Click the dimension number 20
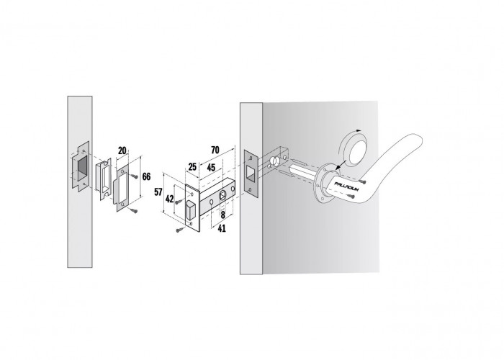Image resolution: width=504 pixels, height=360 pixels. [x=122, y=150]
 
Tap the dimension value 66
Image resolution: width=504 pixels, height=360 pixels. [x=146, y=176]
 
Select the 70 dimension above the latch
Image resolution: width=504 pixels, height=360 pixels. [x=215, y=150]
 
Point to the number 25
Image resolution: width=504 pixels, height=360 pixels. [x=192, y=167]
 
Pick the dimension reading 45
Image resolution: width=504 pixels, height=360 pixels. [x=211, y=168]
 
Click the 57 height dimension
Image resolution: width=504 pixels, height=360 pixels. [x=158, y=192]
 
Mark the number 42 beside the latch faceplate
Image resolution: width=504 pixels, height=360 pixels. [x=169, y=199]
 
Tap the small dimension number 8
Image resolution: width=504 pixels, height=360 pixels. [x=222, y=215]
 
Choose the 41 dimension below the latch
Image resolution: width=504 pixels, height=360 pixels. [x=222, y=228]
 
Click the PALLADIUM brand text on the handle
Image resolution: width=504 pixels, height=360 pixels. [x=346, y=186]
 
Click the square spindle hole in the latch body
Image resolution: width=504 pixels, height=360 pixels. [x=222, y=196]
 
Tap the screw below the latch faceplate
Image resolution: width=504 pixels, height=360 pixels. [x=180, y=230]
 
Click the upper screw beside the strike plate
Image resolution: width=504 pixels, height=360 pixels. [x=134, y=176]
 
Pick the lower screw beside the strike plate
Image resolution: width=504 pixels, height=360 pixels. [x=135, y=210]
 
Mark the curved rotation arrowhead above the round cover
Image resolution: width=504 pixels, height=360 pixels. [x=359, y=130]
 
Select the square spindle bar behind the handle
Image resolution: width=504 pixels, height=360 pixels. [x=303, y=171]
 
